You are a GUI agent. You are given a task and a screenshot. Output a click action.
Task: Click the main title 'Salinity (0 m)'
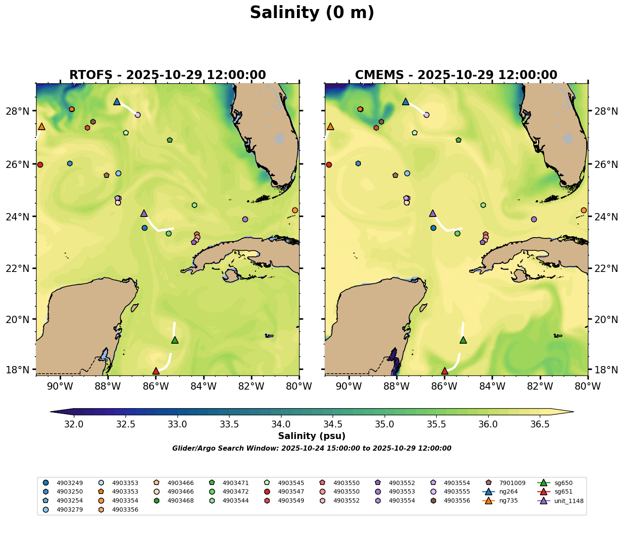(x=312, y=13)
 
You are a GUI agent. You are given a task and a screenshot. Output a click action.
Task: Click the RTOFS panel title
(x=168, y=75)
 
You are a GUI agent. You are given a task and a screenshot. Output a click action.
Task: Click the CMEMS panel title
(x=456, y=75)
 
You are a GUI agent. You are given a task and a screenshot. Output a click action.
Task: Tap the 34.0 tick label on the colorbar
(x=281, y=424)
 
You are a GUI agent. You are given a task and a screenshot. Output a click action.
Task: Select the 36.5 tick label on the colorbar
(x=540, y=424)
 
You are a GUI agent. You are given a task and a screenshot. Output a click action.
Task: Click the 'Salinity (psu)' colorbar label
(x=312, y=436)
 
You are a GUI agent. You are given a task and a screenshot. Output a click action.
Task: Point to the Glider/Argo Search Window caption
(x=312, y=448)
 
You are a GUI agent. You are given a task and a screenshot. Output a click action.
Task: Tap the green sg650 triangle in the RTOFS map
(x=175, y=340)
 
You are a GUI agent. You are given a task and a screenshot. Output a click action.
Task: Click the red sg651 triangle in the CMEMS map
(x=445, y=371)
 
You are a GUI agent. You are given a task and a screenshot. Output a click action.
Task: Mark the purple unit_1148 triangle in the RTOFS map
(x=144, y=213)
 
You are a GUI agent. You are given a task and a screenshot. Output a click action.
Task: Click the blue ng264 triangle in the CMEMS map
(x=406, y=102)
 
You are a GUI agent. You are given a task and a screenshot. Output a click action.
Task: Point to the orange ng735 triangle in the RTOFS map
(x=42, y=126)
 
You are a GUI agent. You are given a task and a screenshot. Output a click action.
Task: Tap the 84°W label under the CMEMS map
(x=492, y=386)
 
